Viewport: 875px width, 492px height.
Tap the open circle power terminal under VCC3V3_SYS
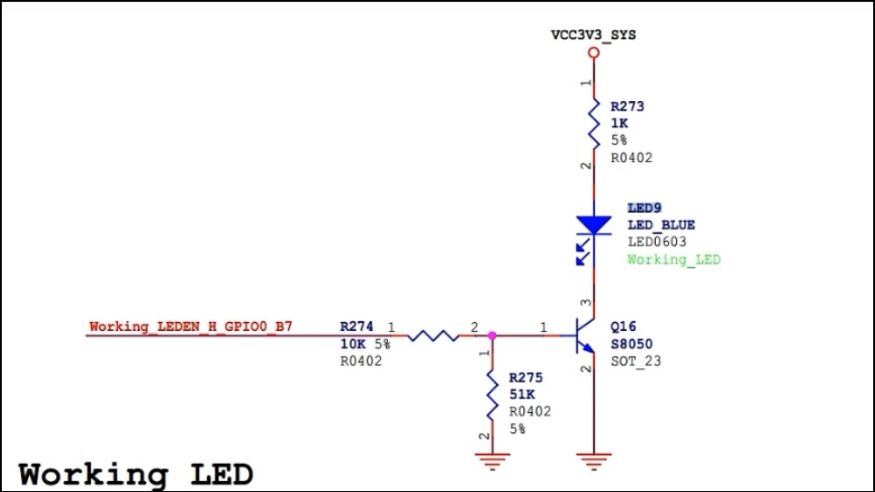click(593, 54)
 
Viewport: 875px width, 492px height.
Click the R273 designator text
click(627, 106)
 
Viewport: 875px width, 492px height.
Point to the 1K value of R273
click(619, 123)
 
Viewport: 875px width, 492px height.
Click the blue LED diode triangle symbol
click(593, 224)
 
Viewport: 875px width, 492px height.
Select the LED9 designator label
click(644, 208)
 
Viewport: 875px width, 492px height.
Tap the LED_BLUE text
click(661, 225)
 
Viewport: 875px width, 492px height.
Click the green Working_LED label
click(673, 259)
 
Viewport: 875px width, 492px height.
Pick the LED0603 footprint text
click(657, 242)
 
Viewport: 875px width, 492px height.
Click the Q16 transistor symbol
click(582, 336)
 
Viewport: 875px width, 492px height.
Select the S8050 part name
click(631, 345)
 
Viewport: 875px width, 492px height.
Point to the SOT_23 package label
click(636, 361)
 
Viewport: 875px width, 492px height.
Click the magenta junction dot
click(492, 336)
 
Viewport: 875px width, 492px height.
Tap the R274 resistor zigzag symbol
click(433, 336)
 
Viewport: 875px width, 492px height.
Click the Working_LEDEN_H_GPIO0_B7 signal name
click(191, 326)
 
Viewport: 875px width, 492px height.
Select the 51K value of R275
click(522, 394)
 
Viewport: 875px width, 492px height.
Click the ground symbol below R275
click(492, 462)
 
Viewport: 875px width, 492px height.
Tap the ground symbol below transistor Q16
click(593, 462)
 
